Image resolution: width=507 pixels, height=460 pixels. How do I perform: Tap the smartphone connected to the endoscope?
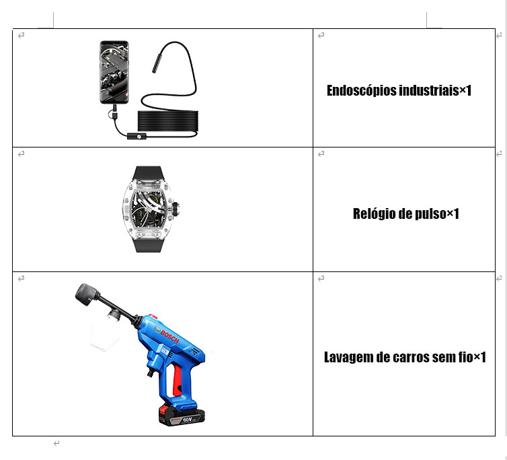[114, 72]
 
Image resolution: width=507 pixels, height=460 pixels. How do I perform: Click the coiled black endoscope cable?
[168, 121]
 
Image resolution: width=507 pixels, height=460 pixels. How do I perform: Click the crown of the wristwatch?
[177, 209]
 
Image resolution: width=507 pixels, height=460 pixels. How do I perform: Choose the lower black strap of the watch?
[148, 244]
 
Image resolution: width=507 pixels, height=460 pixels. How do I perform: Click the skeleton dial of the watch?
[149, 209]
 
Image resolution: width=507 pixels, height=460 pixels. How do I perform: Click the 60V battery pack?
[182, 416]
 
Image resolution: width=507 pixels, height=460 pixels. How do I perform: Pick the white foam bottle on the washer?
[104, 333]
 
